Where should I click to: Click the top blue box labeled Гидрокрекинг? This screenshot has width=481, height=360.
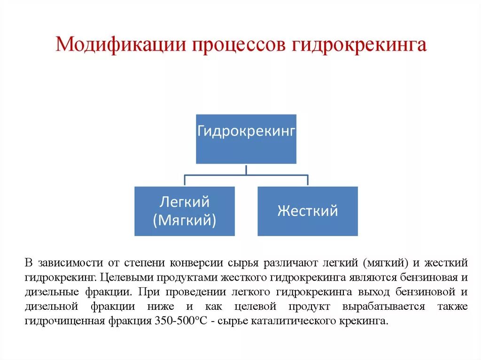click(x=246, y=139)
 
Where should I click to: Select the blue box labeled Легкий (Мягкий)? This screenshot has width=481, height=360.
click(x=185, y=211)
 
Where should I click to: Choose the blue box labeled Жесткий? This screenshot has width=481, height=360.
click(x=308, y=211)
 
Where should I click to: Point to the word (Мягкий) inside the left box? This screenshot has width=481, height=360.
click(x=185, y=220)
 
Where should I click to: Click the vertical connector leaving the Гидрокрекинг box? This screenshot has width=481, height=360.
click(x=246, y=169)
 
